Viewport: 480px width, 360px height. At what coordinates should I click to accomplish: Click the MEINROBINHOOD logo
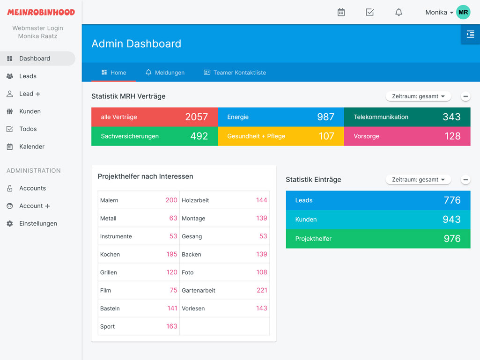pyautogui.click(x=41, y=12)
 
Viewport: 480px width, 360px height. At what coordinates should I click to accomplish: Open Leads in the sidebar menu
pyautogui.click(x=28, y=76)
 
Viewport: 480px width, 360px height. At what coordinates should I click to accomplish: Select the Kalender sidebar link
pyautogui.click(x=31, y=147)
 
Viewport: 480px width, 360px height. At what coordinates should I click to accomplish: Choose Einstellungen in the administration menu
pyautogui.click(x=37, y=224)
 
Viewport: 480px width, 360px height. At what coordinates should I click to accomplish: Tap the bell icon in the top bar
pyautogui.click(x=399, y=13)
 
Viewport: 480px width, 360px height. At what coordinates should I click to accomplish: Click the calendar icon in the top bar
pyautogui.click(x=341, y=13)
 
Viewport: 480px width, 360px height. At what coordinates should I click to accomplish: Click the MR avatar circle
pyautogui.click(x=463, y=12)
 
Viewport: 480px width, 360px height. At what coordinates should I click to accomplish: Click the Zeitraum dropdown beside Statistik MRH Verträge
pyautogui.click(x=418, y=96)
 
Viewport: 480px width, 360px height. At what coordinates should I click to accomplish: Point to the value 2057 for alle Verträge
pyautogui.click(x=196, y=117)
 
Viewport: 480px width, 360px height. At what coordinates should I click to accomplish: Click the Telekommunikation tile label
pyautogui.click(x=381, y=117)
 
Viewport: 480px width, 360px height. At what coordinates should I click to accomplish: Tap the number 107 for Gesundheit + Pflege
pyautogui.click(x=326, y=136)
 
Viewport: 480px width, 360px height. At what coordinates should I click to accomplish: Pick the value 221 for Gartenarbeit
pyautogui.click(x=262, y=290)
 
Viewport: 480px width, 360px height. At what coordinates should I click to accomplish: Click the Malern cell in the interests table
pyautogui.click(x=109, y=200)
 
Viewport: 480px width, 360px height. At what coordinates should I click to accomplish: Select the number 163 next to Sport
pyautogui.click(x=172, y=326)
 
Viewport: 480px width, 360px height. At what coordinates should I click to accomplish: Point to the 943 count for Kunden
pyautogui.click(x=452, y=220)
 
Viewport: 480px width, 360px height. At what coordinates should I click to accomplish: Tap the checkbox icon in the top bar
pyautogui.click(x=370, y=13)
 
